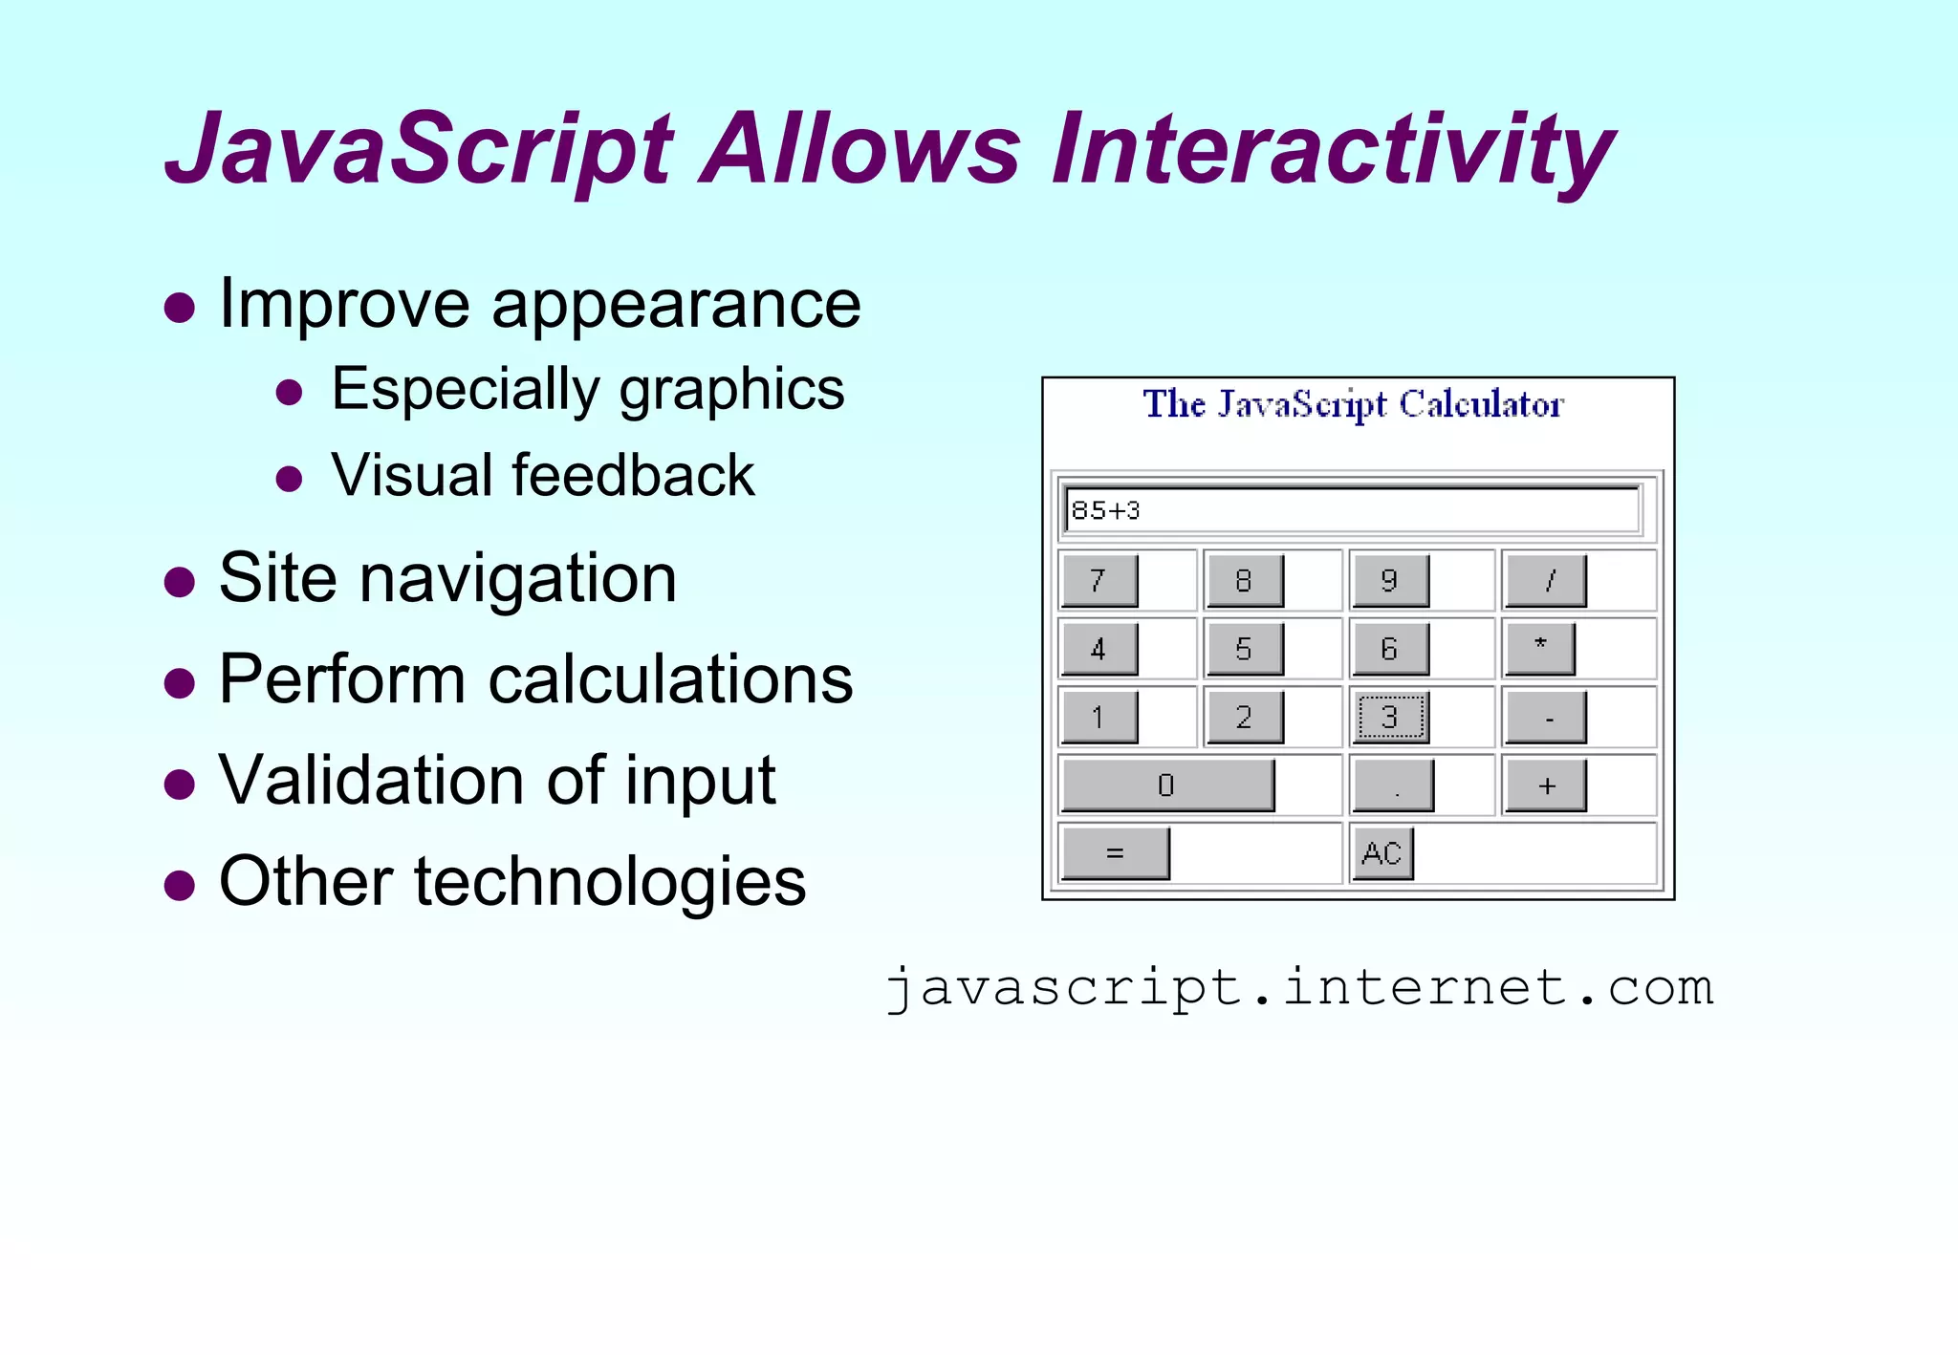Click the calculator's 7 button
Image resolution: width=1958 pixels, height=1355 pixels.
tap(1099, 580)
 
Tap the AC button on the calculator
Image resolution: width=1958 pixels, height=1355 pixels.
tap(1381, 852)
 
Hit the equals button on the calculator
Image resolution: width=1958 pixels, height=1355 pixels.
tap(1115, 852)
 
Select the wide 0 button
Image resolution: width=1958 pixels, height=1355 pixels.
tap(1166, 785)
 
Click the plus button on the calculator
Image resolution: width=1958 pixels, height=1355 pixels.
tap(1546, 785)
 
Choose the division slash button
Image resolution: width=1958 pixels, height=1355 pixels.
tap(1546, 580)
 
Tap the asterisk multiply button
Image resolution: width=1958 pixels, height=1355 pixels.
tap(1540, 647)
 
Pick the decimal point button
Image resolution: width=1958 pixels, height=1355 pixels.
tap(1394, 785)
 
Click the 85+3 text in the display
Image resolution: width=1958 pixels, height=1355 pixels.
tap(1106, 510)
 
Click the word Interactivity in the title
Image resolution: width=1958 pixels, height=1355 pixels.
tap(1333, 150)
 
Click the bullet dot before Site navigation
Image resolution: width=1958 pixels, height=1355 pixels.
tap(179, 582)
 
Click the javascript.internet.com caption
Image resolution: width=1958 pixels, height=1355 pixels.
tap(1299, 987)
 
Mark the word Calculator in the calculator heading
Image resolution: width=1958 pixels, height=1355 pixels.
tap(1481, 405)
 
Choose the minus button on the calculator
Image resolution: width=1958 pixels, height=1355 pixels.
tap(1546, 718)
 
